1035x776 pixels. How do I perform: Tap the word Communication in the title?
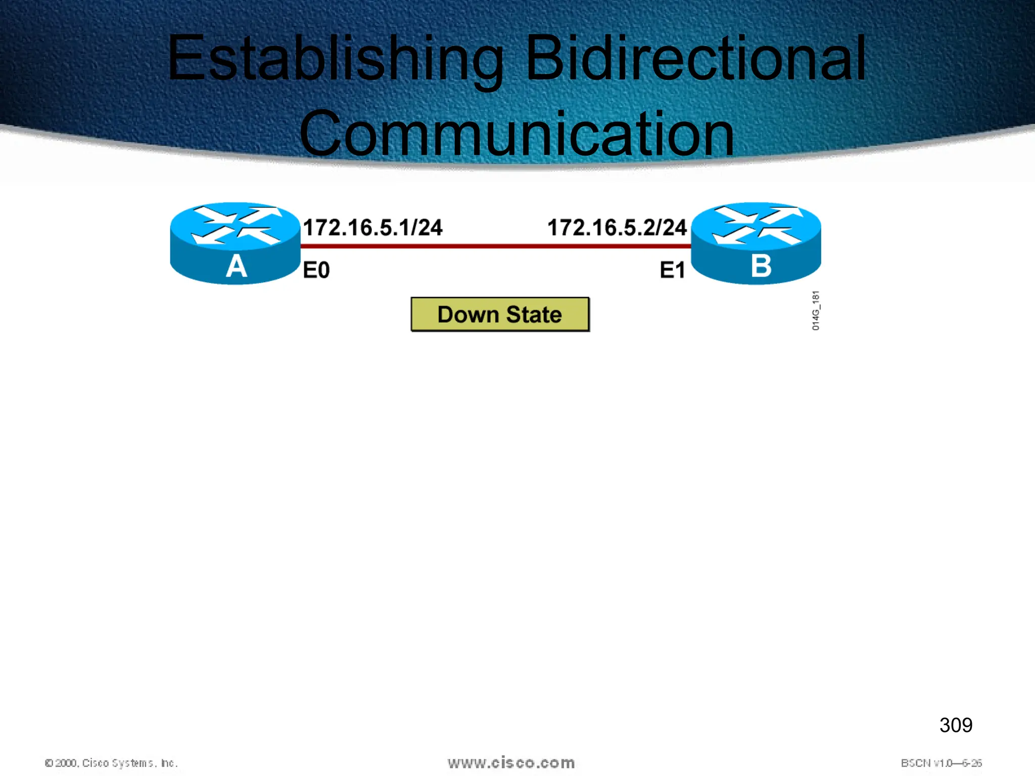(516, 134)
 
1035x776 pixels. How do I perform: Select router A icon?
(235, 244)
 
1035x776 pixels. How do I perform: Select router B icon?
(756, 244)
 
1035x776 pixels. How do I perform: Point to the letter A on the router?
(236, 266)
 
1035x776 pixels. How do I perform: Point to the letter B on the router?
(761, 266)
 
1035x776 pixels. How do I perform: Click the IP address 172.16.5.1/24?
(372, 227)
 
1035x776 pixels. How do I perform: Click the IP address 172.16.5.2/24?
(617, 227)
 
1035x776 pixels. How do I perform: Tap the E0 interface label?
(316, 270)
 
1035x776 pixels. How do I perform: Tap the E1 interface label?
(672, 270)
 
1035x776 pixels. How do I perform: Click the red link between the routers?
(495, 247)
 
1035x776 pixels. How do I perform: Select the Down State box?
(500, 314)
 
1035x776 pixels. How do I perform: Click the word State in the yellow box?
(534, 315)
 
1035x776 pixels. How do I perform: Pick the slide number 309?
(956, 725)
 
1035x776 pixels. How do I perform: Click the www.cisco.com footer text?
(511, 763)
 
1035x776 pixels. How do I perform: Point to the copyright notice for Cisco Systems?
(111, 763)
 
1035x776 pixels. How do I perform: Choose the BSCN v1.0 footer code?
(941, 763)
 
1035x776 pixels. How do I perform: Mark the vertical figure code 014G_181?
(816, 311)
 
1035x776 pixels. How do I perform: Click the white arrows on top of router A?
(236, 224)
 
